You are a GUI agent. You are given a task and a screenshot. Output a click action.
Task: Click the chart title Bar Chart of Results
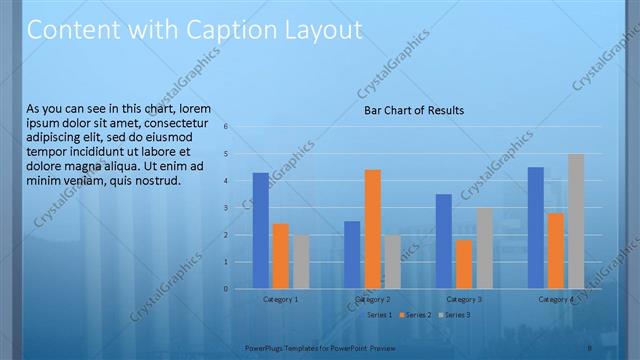point(413,110)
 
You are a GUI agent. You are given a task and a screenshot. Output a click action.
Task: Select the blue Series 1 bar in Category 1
point(260,231)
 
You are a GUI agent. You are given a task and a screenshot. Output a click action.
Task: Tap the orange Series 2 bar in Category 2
point(372,229)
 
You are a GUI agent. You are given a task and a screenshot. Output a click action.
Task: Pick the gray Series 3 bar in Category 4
point(576,221)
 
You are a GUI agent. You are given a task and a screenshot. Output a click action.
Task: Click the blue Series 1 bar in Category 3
point(444,241)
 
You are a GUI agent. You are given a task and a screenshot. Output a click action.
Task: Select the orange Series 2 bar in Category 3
point(464,264)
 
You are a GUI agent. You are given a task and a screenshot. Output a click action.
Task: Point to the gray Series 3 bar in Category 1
point(300,262)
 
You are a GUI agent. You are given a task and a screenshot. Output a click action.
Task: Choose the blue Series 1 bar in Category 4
point(536,228)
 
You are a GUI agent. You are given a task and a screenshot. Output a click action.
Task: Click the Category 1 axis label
point(280,299)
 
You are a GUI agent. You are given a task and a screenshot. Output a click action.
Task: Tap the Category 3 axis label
point(464,299)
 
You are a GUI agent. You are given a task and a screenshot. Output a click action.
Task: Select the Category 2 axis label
point(372,299)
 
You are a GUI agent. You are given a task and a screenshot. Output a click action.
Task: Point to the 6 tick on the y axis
point(227,127)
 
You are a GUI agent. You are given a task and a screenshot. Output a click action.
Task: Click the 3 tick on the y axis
point(227,208)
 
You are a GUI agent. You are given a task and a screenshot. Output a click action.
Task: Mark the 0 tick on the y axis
point(227,289)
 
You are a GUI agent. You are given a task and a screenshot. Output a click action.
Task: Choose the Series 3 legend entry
point(457,315)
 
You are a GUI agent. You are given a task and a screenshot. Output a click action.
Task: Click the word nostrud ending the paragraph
point(155,181)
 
